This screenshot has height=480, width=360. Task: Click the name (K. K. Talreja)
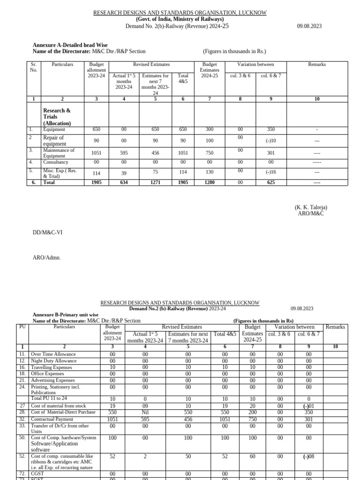click(x=311, y=207)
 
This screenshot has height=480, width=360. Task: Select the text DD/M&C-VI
click(x=47, y=232)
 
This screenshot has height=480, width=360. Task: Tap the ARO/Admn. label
click(x=46, y=257)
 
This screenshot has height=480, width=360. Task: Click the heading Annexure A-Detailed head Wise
click(x=70, y=45)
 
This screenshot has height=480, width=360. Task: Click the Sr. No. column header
click(x=33, y=67)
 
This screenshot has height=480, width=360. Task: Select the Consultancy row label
click(x=56, y=162)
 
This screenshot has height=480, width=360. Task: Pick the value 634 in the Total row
click(x=124, y=182)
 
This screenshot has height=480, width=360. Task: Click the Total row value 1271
click(x=155, y=182)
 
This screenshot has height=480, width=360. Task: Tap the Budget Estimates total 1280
click(x=210, y=182)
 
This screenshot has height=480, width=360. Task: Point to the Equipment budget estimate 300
click(x=210, y=129)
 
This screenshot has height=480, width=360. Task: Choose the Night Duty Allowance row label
click(x=53, y=361)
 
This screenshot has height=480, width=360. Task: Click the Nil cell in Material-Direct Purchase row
click(x=145, y=412)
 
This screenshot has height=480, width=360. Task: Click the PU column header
click(x=22, y=327)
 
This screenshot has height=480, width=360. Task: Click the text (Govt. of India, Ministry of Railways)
click(x=180, y=19)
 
